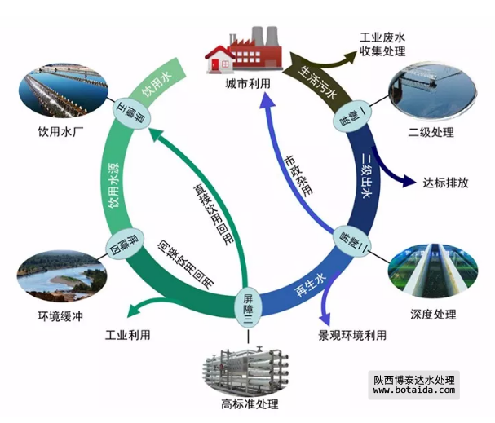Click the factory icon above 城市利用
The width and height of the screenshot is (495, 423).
[245, 49]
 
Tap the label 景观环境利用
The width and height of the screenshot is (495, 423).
[352, 335]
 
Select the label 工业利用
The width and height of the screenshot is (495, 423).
[128, 335]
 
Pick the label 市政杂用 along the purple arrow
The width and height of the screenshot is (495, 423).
[295, 174]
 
